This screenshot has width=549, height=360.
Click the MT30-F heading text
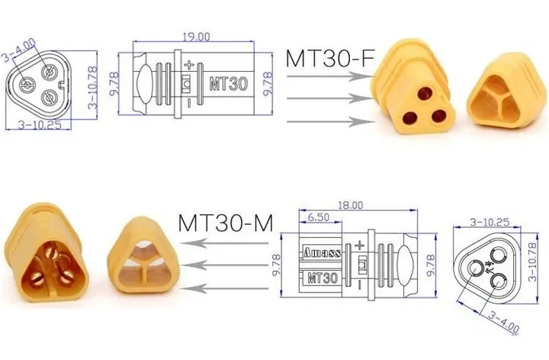point(330,58)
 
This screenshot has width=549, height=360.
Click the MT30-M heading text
point(225,223)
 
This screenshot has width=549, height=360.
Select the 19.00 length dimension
point(196,37)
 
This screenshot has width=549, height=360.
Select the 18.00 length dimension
point(350,205)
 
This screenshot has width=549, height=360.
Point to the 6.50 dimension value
point(318,217)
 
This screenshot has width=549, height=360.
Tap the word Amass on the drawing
point(322,252)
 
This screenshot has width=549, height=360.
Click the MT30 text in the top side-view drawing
point(228,84)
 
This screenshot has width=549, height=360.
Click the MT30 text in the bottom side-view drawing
point(323,278)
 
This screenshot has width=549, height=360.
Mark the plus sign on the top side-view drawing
point(189,64)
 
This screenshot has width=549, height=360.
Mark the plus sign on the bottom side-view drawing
point(360,246)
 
